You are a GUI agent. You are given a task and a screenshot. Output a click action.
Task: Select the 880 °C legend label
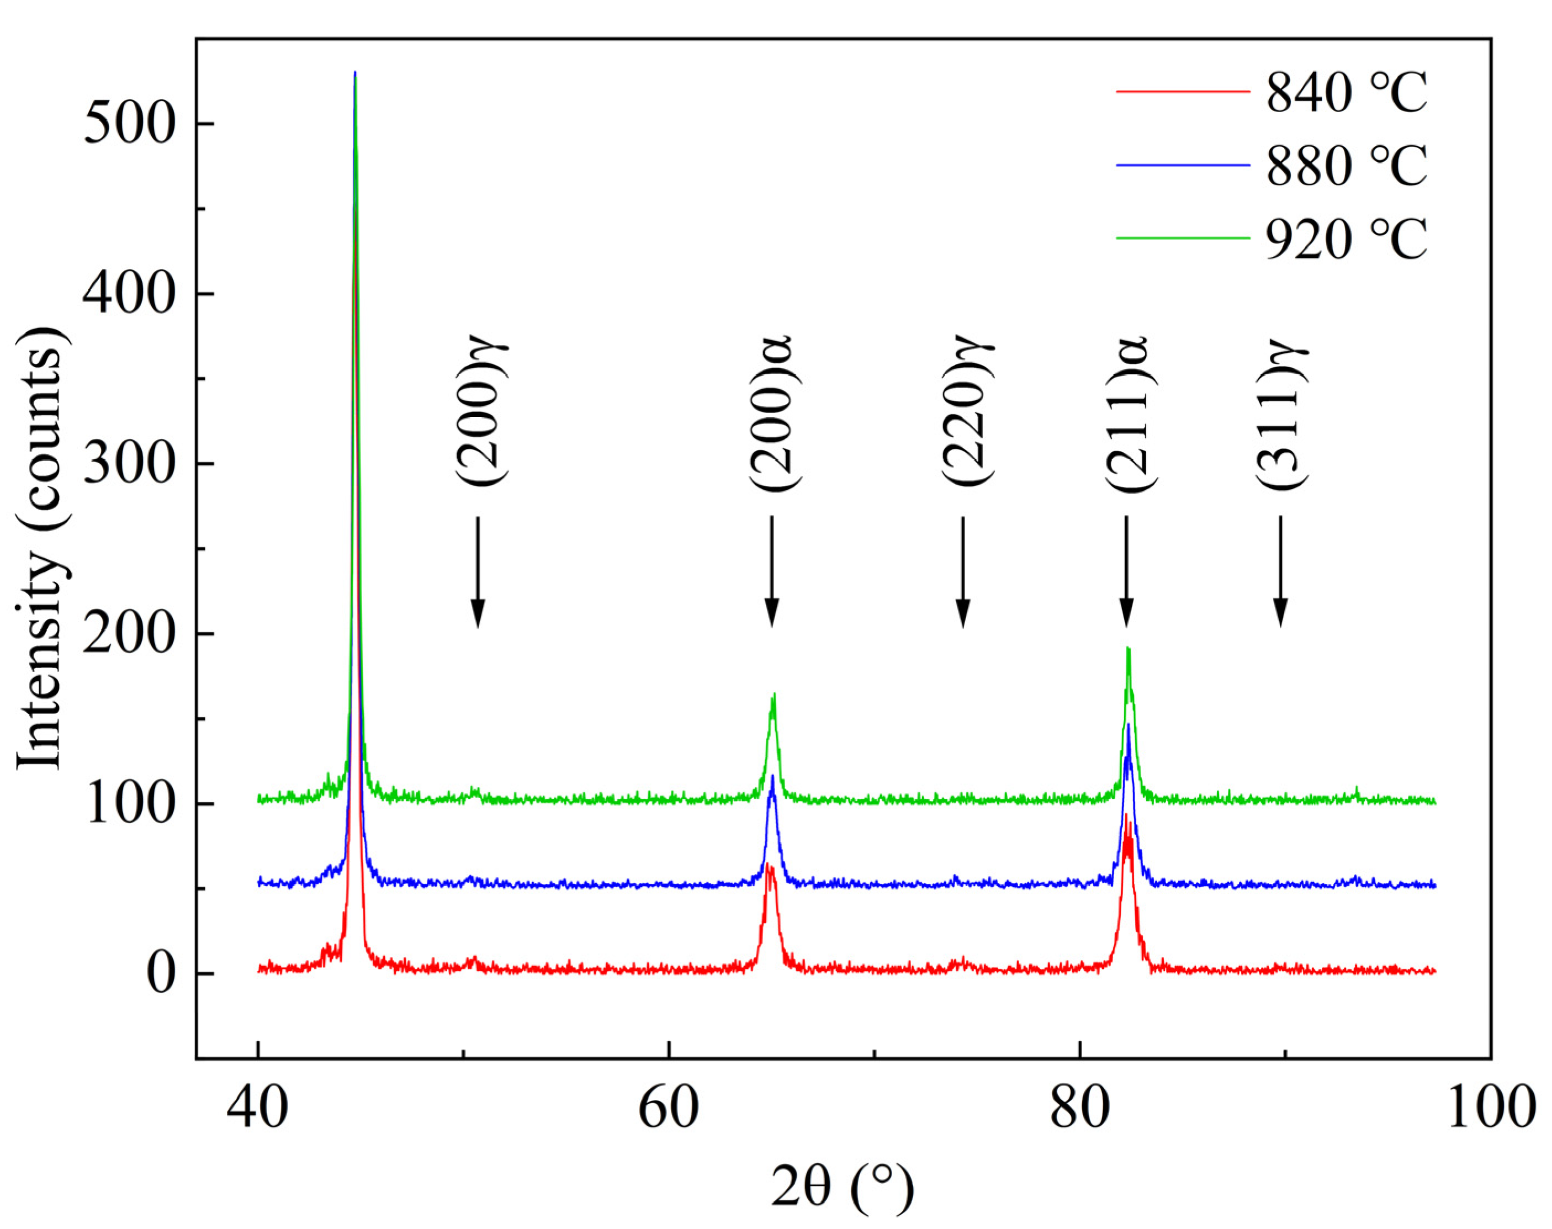pyautogui.click(x=1346, y=166)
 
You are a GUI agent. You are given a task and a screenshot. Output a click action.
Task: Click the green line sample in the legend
pyautogui.click(x=1182, y=237)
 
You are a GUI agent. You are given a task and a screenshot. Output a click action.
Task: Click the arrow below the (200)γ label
pyautogui.click(x=477, y=571)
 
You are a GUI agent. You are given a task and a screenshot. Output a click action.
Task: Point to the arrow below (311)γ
pyautogui.click(x=1279, y=571)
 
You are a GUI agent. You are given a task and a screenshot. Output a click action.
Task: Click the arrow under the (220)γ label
pyautogui.click(x=963, y=571)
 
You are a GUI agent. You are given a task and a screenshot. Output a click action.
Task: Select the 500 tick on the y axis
pyautogui.click(x=130, y=124)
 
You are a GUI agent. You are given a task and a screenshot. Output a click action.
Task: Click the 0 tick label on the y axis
pyautogui.click(x=161, y=974)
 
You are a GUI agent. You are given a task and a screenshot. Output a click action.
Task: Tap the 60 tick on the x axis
pyautogui.click(x=669, y=1110)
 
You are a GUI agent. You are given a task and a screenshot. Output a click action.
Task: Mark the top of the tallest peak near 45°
pyautogui.click(x=354, y=73)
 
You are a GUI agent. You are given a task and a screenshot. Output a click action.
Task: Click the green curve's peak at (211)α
pyautogui.click(x=1127, y=649)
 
